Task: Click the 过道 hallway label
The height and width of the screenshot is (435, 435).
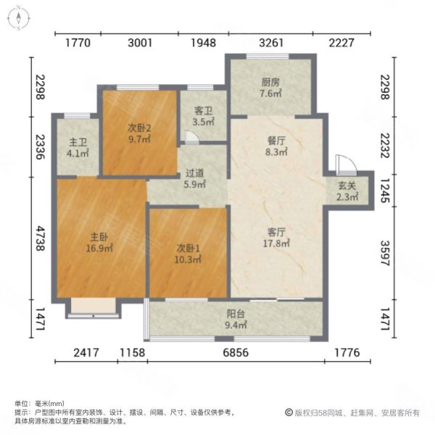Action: (x=193, y=175)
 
